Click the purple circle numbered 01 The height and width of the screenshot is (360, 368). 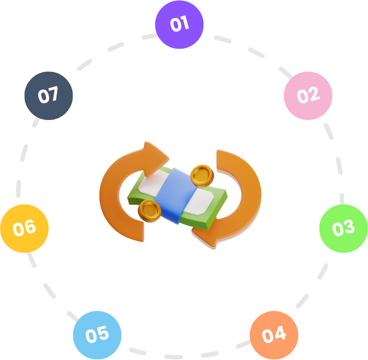[179, 25]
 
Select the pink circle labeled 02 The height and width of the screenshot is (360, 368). [308, 95]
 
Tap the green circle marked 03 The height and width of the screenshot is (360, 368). [343, 228]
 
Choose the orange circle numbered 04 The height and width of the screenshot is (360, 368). [274, 335]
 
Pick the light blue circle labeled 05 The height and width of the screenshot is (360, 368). [97, 335]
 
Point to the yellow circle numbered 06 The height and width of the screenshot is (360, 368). [24, 228]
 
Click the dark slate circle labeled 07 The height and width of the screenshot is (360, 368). [48, 95]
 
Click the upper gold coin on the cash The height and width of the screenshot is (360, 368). [202, 175]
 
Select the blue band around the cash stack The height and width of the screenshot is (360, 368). [175, 195]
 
